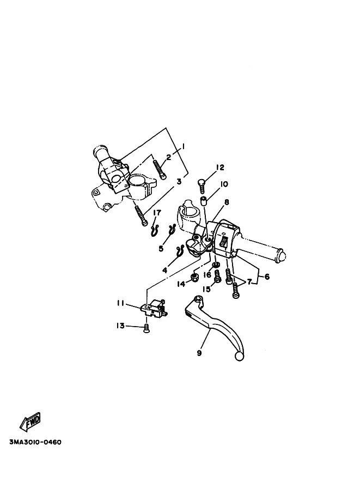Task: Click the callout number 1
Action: click(x=184, y=146)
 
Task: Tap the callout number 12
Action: click(x=220, y=167)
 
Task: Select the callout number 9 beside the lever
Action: click(x=199, y=353)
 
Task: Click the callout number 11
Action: click(x=120, y=303)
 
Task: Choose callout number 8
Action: click(x=226, y=201)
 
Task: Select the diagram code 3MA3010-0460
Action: click(x=35, y=442)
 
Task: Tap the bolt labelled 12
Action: click(x=201, y=185)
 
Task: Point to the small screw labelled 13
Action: click(x=145, y=327)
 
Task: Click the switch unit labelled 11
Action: click(x=152, y=309)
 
